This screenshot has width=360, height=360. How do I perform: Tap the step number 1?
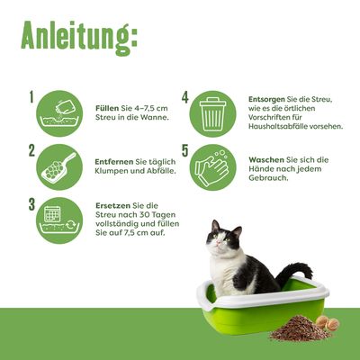click(31, 97)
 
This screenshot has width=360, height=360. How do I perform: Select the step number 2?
click(31, 150)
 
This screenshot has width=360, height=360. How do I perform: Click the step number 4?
click(185, 97)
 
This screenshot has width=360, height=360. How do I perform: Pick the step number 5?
click(185, 150)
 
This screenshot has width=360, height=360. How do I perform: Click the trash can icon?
click(217, 112)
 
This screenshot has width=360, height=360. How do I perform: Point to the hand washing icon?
click(217, 166)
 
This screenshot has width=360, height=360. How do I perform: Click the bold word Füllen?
click(109, 106)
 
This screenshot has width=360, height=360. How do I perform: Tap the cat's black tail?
click(295, 270)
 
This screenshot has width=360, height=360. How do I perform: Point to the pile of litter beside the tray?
click(298, 328)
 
